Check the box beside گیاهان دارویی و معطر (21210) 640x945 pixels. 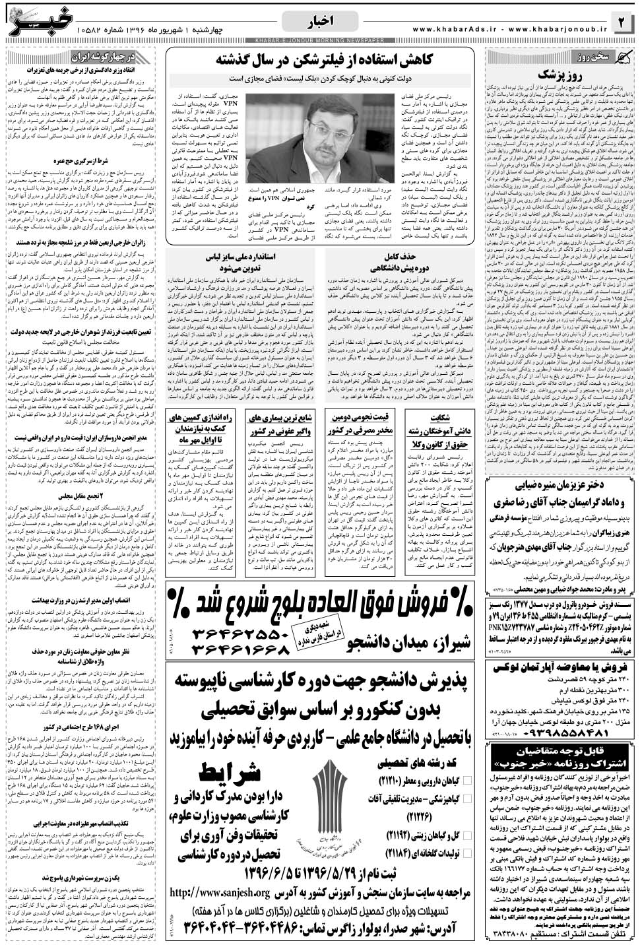click(x=468, y=779)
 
